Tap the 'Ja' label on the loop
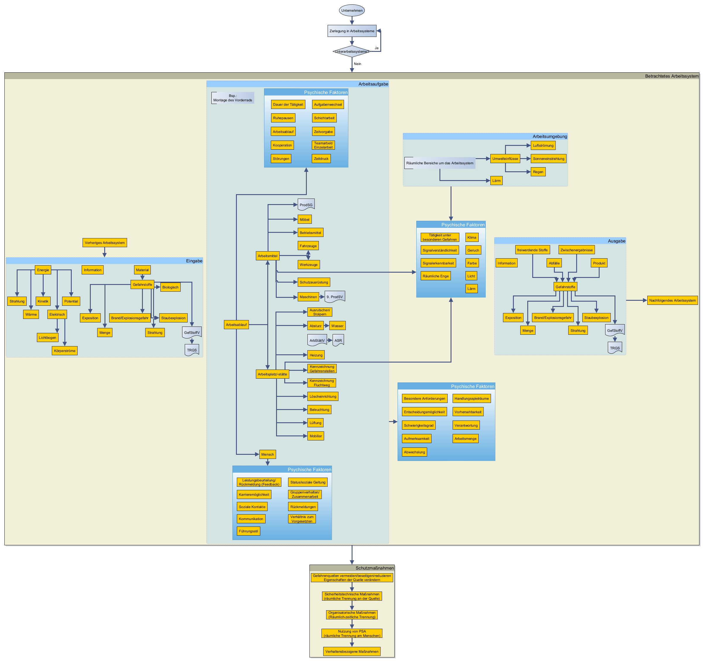(x=376, y=48)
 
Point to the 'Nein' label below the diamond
(x=357, y=64)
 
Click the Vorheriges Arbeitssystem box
(x=105, y=243)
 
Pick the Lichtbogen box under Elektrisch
(x=47, y=338)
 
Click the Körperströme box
(x=64, y=351)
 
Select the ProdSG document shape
(x=306, y=205)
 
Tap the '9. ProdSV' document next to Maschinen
(x=334, y=297)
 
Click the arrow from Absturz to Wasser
(x=327, y=326)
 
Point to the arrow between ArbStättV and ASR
(x=329, y=341)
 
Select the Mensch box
(x=267, y=454)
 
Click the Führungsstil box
(x=248, y=531)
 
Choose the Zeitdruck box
(x=321, y=158)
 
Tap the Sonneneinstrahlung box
(x=548, y=158)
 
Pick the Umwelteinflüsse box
(x=505, y=158)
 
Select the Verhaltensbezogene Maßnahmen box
(x=352, y=652)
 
